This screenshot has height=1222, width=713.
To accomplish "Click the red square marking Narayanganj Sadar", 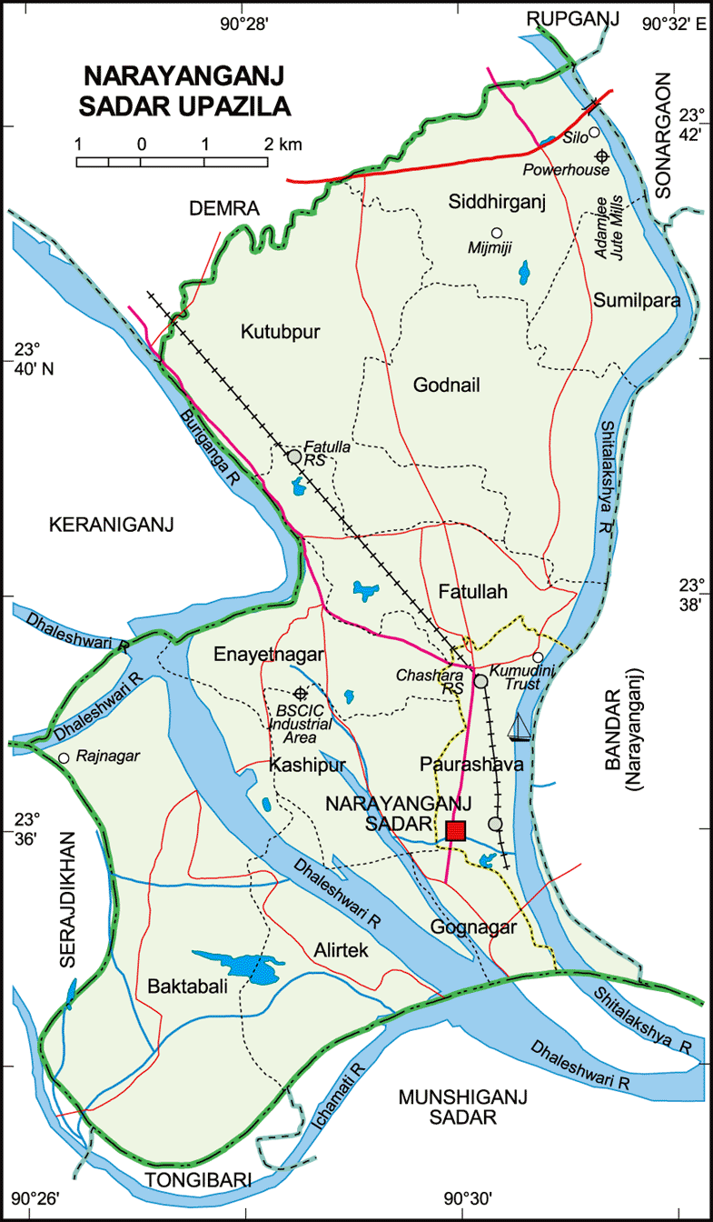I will (x=456, y=830).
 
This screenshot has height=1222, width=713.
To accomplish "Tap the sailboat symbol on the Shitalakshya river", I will (x=519, y=726).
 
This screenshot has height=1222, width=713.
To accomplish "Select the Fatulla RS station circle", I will (x=294, y=456).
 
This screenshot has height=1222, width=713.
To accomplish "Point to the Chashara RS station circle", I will (x=481, y=681).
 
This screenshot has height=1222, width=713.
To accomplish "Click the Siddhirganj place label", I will (x=496, y=202).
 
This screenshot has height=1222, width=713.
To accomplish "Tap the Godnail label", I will (x=443, y=386).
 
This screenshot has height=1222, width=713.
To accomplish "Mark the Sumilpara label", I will (x=637, y=300).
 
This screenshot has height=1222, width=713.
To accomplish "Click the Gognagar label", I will (x=474, y=927).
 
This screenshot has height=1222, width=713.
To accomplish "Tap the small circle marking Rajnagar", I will (x=64, y=757).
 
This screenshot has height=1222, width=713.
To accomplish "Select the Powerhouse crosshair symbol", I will (x=601, y=155).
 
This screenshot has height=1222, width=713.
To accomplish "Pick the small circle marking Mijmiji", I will (x=496, y=232).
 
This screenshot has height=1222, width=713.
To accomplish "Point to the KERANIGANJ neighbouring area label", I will (x=111, y=525).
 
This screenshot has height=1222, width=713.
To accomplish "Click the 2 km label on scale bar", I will (x=283, y=145).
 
